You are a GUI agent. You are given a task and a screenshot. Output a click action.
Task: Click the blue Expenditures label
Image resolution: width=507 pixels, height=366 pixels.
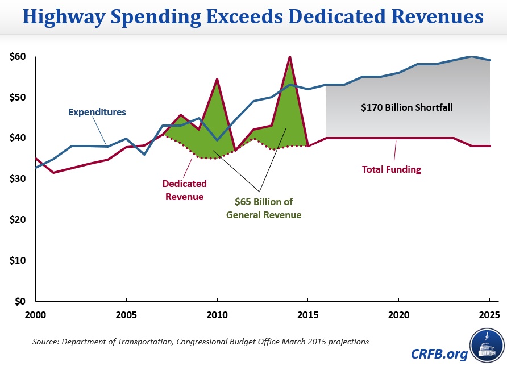97,112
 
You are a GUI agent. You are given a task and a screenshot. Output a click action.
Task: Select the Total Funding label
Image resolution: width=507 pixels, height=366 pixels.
391,169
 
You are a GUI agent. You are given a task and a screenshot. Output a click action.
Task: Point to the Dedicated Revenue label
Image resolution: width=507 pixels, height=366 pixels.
184,190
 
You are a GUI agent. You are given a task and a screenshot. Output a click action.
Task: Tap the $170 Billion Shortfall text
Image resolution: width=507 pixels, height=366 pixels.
407,106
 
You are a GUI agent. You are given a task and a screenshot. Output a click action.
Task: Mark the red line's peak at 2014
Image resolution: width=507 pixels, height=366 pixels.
290,57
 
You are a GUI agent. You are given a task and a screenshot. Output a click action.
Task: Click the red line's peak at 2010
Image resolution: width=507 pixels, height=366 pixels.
217,79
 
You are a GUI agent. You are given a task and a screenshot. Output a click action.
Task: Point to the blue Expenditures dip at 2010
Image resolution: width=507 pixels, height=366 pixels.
217,140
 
